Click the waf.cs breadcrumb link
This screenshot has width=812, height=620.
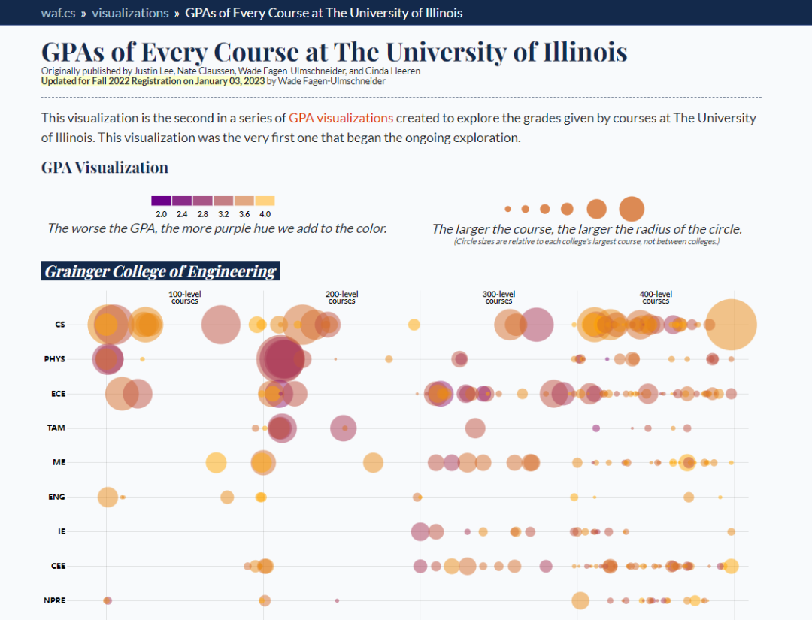point(57,13)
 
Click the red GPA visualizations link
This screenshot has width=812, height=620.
point(341,118)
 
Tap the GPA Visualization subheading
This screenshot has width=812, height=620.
point(105,168)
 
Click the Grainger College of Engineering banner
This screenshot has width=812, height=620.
point(160,271)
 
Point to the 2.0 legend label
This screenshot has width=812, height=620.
point(160,215)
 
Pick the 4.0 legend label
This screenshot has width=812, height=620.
point(265,215)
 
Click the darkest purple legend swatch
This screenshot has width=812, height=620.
point(161,201)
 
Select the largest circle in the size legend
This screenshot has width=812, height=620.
point(632,208)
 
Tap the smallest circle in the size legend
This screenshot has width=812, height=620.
point(508,209)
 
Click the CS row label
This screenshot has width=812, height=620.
point(60,325)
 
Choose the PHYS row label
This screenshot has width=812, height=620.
point(55,359)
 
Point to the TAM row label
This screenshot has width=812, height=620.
point(56,428)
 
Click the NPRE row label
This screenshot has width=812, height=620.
point(55,600)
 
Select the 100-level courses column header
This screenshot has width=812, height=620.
point(184,298)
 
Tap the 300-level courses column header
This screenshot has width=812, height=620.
point(498,298)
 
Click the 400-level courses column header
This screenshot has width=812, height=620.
point(656,298)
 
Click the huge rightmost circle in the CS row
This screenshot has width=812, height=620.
point(730,325)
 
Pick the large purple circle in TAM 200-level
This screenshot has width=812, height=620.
point(344,428)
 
